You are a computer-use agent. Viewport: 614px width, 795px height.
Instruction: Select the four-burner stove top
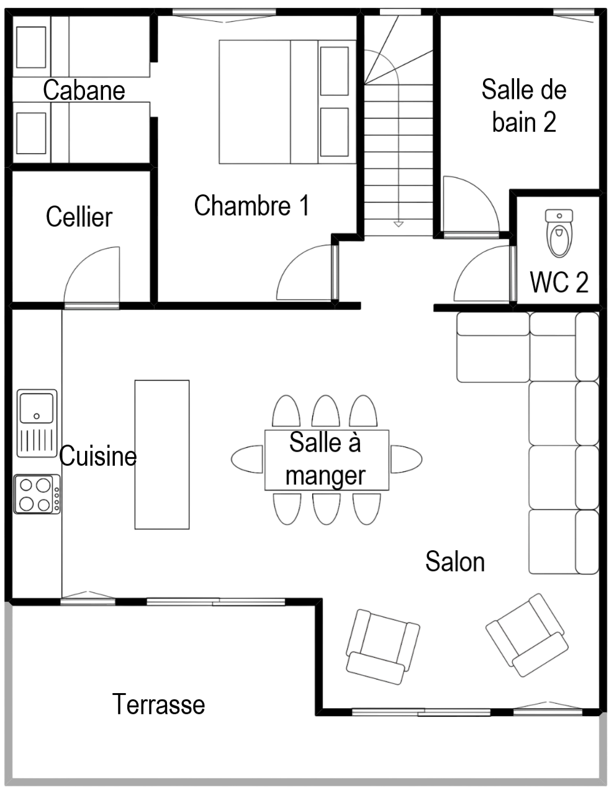coord(37,494)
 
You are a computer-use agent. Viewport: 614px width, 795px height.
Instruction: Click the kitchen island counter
coord(162,454)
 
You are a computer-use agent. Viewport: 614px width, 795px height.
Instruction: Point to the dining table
coord(327,460)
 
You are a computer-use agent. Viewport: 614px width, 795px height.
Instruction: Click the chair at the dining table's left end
coord(247,460)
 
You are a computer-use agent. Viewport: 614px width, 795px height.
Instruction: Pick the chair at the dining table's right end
coord(407,460)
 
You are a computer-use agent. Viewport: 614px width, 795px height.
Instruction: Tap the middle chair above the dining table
coord(325,412)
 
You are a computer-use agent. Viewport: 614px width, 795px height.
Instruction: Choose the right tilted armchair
coord(526,635)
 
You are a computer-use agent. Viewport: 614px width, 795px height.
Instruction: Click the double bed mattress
coord(255,102)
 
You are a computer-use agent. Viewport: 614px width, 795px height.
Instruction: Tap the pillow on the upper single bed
coord(32,47)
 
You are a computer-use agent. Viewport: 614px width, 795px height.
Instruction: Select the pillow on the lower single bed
coord(32,133)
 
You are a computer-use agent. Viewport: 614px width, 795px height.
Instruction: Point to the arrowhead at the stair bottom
coord(398,223)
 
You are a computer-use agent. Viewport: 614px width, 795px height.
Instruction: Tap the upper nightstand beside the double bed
coord(334,71)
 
